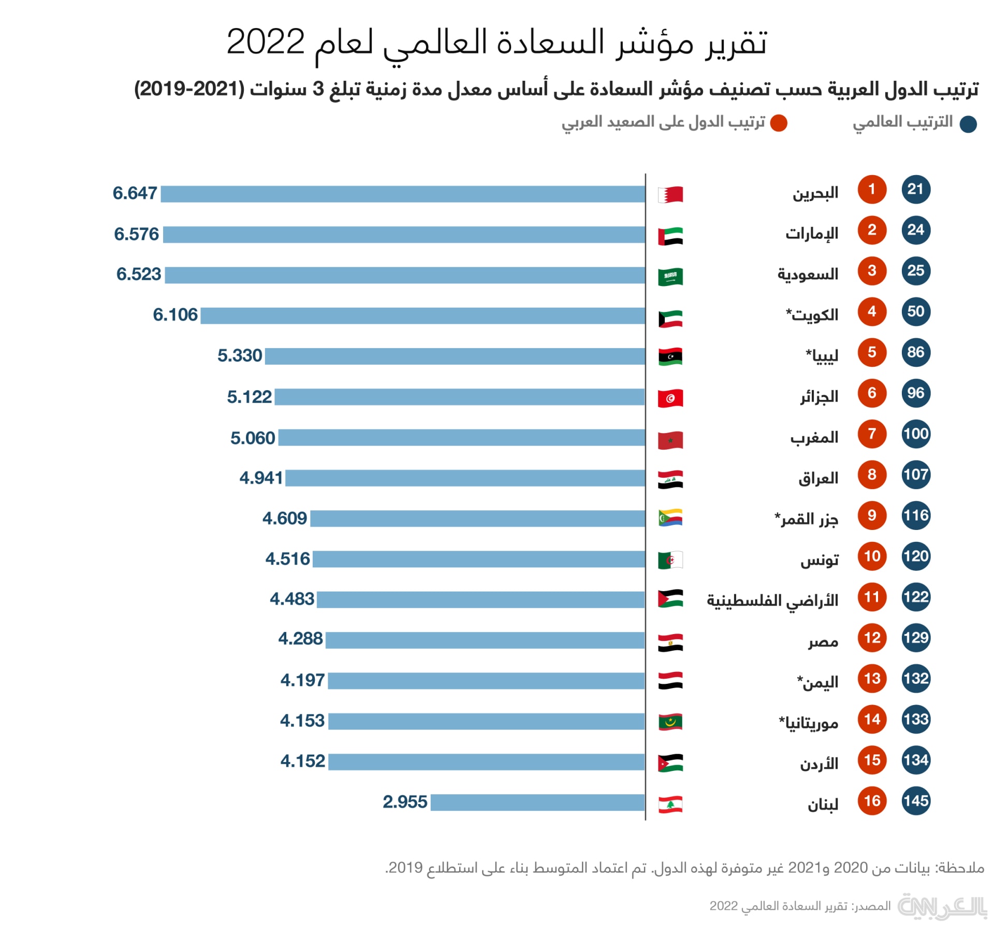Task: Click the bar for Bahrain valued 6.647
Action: click(x=403, y=194)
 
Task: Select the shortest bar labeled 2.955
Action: click(x=537, y=802)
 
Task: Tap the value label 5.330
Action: click(x=239, y=356)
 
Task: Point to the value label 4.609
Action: click(x=284, y=518)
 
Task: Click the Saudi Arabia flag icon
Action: click(x=670, y=276)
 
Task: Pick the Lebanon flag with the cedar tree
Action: click(x=670, y=805)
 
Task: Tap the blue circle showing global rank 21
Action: click(x=915, y=190)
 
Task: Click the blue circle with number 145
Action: click(x=915, y=801)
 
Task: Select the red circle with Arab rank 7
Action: click(x=872, y=434)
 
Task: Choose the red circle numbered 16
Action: click(x=872, y=801)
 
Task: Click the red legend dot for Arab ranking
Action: click(x=779, y=124)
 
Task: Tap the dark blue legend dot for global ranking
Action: click(x=968, y=124)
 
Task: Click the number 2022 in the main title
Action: click(x=266, y=42)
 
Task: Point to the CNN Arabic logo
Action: click(x=942, y=906)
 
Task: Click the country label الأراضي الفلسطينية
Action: click(x=772, y=600)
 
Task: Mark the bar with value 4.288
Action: click(x=485, y=640)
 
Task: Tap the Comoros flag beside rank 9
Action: click(x=670, y=518)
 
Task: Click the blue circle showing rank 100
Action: click(x=915, y=434)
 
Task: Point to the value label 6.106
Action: click(x=175, y=315)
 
